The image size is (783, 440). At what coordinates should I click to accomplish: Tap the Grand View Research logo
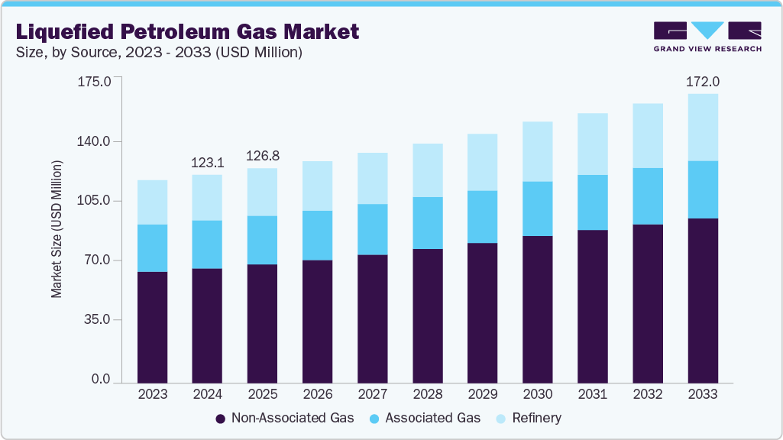pos(707,36)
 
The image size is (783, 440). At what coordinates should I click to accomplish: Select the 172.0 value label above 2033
pos(703,82)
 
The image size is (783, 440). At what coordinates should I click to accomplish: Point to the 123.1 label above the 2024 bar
pos(207,162)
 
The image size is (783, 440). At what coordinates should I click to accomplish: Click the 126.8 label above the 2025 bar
pos(262,156)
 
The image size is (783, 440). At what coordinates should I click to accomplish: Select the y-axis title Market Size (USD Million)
pos(57,229)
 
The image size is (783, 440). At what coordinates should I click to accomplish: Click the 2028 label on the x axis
pos(427,394)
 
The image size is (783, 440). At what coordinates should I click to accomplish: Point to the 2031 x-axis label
pos(592,394)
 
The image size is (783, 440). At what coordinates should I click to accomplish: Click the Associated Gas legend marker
pos(374,419)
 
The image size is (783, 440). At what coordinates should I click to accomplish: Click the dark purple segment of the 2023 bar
pos(152,326)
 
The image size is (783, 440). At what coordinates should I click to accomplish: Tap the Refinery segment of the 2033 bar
pos(703,127)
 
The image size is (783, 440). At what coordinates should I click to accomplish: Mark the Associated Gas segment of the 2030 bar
pos(537,209)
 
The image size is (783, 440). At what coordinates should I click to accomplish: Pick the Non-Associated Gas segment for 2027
pos(372,318)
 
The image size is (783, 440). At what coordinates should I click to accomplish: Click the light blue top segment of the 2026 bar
pos(317,186)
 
